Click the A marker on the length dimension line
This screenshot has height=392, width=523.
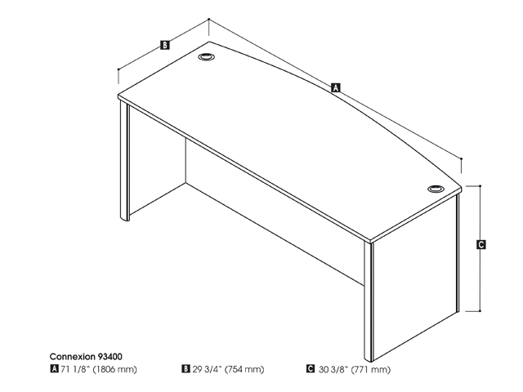[x=335, y=87]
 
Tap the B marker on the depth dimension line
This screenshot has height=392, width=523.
[x=165, y=46]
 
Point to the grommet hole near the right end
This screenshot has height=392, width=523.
[x=435, y=190]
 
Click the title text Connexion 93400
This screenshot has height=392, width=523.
[x=86, y=357]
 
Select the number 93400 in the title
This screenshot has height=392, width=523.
[x=110, y=357]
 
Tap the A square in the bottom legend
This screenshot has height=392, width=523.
[x=54, y=369]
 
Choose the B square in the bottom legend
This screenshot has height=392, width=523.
[x=186, y=369]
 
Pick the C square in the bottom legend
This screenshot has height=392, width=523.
[x=311, y=369]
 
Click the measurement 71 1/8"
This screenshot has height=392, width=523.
[x=74, y=370]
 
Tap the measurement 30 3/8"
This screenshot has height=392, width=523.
[x=329, y=370]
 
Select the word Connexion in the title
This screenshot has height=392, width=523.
[x=72, y=357]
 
